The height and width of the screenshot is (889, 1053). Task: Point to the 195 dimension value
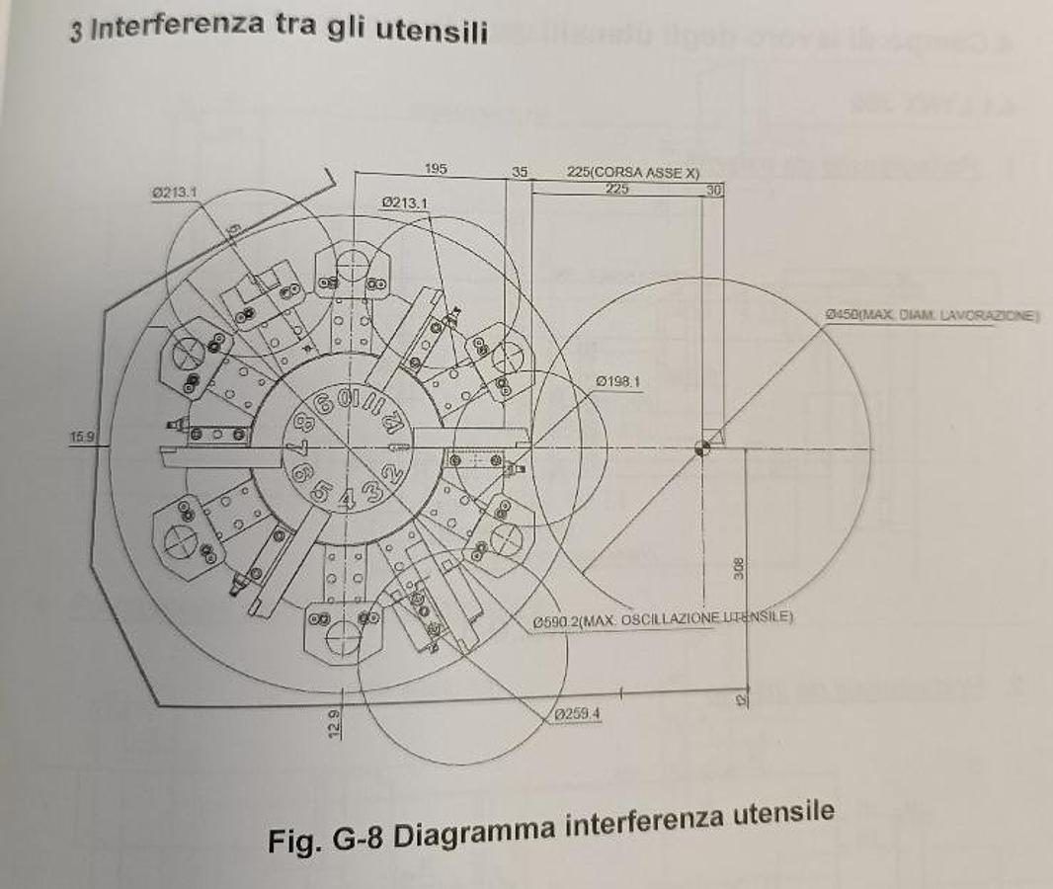tap(436, 169)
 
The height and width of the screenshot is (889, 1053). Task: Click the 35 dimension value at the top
tap(520, 171)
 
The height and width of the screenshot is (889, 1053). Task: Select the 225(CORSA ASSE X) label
tap(633, 172)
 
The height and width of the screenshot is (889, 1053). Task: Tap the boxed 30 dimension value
tap(714, 189)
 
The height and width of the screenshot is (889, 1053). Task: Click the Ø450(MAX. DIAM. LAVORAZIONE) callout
tap(932, 315)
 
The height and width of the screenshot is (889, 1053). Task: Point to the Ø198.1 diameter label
tap(619, 381)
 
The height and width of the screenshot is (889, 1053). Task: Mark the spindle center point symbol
tap(702, 447)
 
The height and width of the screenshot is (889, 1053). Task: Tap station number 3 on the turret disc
tap(372, 491)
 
